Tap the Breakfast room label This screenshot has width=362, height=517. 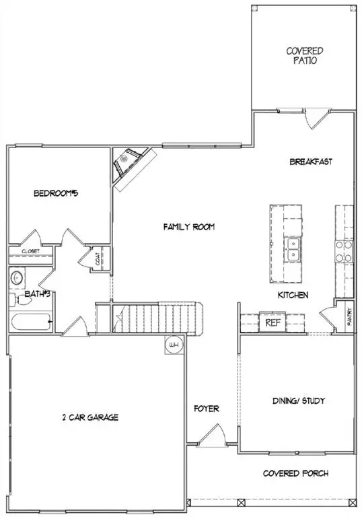click(311, 162)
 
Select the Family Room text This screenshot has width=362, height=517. click(189, 228)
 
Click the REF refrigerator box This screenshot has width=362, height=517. click(273, 322)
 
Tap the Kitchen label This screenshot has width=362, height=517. click(293, 296)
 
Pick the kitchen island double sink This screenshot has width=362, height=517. click(293, 250)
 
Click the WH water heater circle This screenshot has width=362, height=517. click(174, 345)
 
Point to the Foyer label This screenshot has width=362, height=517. click(206, 409)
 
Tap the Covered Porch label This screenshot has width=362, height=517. click(296, 474)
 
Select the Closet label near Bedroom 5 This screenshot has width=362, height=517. click(31, 252)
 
